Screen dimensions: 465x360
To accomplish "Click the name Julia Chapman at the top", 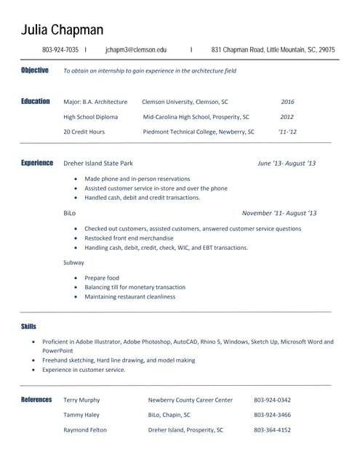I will [x=62, y=30].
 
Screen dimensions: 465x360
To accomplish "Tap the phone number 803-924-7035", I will [x=60, y=50].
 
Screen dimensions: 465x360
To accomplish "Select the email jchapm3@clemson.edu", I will [x=136, y=50].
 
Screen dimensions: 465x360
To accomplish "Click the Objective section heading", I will [x=35, y=70].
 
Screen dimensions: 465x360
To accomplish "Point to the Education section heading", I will [x=36, y=102].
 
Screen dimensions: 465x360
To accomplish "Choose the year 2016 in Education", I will [x=287, y=102].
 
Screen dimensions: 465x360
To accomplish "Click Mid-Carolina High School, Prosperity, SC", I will [x=196, y=117].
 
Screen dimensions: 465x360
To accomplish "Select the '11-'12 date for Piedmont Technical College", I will [x=287, y=132].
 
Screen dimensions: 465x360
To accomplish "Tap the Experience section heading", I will [x=37, y=163].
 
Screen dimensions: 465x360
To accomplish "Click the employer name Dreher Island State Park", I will [x=98, y=163].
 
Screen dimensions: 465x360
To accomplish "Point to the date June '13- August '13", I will [x=287, y=163].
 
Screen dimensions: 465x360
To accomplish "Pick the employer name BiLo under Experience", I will [x=70, y=214].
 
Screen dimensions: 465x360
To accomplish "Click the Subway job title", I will [x=74, y=262].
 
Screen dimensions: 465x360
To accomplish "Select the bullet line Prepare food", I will [x=102, y=278].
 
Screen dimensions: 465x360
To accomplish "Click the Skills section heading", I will [x=29, y=327].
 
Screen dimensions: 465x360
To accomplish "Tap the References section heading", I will [x=36, y=400].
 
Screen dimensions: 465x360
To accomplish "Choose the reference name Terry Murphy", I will [x=82, y=400].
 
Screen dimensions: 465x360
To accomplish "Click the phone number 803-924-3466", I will [x=272, y=415].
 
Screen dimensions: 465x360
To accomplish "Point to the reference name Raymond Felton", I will [x=85, y=430].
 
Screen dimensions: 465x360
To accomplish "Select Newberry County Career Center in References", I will [x=191, y=400].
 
